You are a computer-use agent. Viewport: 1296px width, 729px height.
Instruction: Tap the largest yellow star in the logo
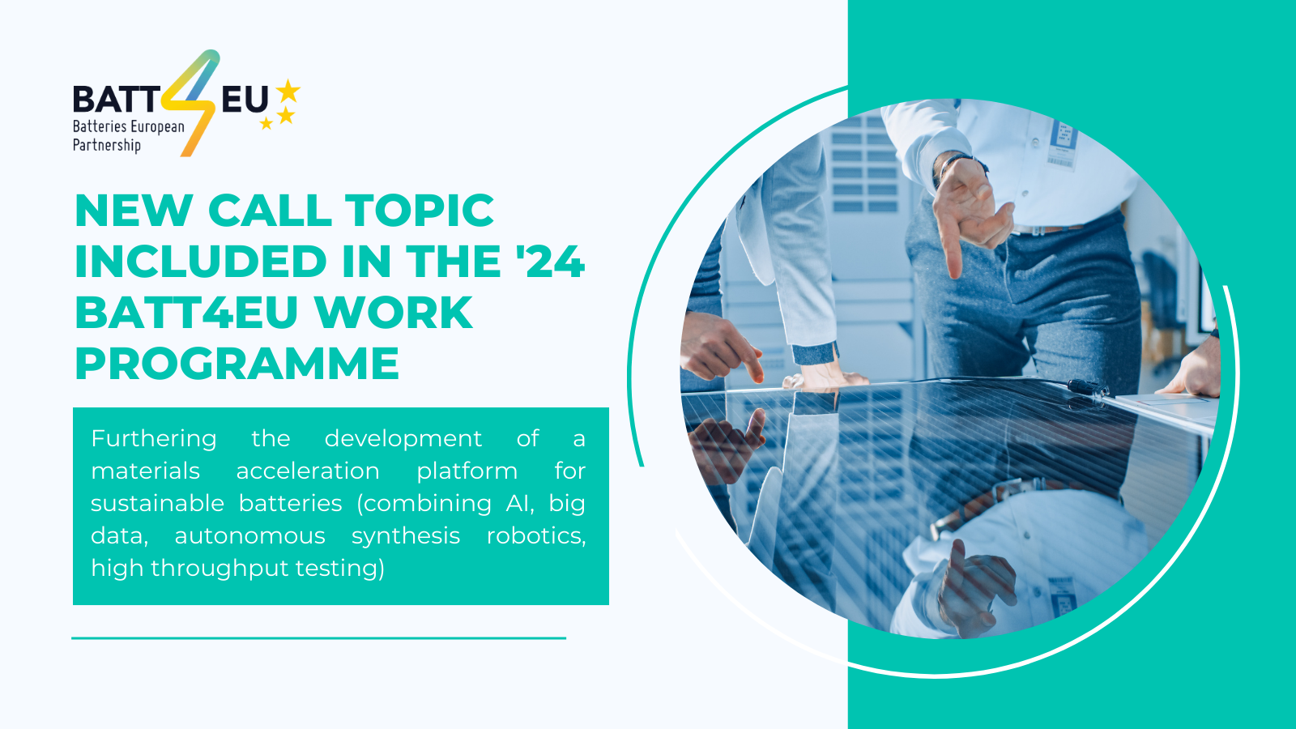(288, 91)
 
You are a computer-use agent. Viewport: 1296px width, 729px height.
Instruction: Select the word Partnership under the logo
(107, 146)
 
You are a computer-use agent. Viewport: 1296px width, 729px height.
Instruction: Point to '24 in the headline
(551, 262)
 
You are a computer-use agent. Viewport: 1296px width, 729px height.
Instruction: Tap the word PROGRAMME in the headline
(237, 363)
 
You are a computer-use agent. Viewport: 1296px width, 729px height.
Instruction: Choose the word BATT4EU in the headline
(192, 313)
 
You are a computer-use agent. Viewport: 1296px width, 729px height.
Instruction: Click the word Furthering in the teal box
(154, 438)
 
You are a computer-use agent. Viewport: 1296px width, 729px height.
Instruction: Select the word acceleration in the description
(308, 471)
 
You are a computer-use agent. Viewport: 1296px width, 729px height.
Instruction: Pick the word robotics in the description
(535, 535)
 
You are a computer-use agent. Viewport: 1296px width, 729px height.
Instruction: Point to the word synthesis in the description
(406, 535)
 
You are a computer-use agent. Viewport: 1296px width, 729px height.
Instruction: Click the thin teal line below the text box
(318, 638)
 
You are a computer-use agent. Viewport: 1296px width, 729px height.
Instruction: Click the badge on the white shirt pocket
(1063, 143)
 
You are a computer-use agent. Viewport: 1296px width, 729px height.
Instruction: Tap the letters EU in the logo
(245, 100)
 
